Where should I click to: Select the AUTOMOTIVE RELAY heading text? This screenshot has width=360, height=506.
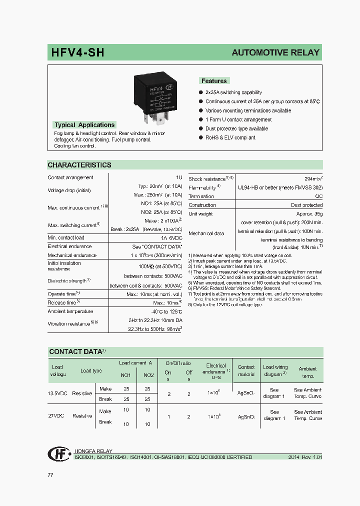pos(275,52)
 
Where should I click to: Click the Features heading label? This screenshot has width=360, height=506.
pos(214,81)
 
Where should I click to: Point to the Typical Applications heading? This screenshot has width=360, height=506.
pos(84,125)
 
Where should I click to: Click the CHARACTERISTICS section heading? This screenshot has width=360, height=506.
pos(79,165)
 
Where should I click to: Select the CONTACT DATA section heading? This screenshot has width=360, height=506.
pos(75,352)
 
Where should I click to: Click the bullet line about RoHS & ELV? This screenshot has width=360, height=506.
pos(230,137)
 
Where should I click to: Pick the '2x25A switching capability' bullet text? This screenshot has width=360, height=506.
pos(233,92)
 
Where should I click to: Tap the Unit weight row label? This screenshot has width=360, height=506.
pos(200,214)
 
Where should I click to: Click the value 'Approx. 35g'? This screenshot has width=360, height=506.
pos(309,214)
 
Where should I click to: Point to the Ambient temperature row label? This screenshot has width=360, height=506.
pos(70,311)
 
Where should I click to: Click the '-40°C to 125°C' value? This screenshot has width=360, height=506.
pos(164,311)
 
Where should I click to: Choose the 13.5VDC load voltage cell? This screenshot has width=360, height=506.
pos(57,393)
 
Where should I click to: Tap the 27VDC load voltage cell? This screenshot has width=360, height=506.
pos(57,415)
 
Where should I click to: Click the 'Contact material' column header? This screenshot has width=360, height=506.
pos(246,370)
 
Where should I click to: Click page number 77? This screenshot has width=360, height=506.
pos(50,475)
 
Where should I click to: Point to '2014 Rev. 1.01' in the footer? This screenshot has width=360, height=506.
pos(305,457)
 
